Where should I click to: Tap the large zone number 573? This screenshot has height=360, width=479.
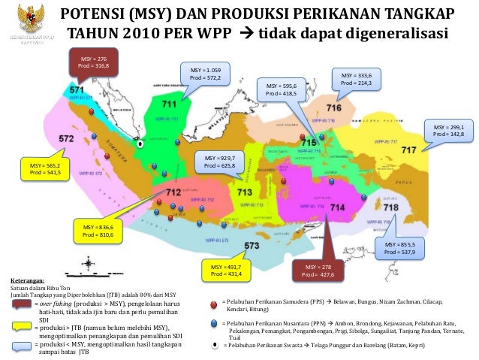[252, 245]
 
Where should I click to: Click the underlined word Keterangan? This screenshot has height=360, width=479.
[26, 279]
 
